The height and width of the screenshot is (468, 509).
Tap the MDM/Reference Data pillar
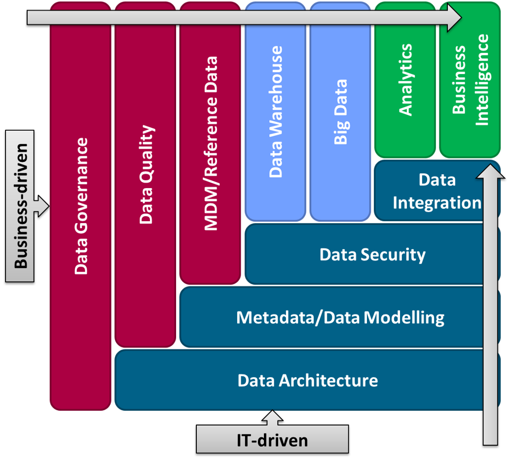[211, 143]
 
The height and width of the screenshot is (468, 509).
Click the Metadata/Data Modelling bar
[340, 317]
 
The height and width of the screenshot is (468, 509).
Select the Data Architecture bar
[308, 381]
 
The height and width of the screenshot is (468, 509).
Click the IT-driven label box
[272, 440]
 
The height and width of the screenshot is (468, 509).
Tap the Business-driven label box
[20, 206]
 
